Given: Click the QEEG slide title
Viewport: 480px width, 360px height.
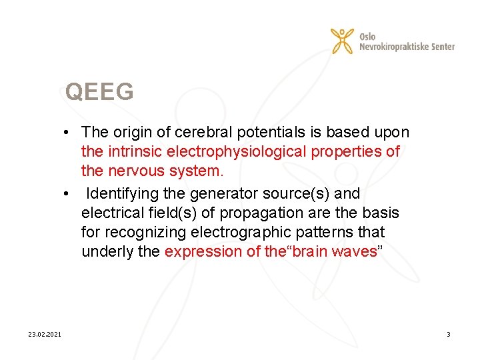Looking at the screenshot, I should [99, 92].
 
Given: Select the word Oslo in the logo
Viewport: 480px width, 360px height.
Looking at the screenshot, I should [367, 36].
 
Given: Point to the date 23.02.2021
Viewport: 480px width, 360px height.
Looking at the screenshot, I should [45, 333].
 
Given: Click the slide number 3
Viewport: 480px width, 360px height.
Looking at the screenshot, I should [448, 333].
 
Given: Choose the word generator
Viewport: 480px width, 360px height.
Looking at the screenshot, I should [223, 193].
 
